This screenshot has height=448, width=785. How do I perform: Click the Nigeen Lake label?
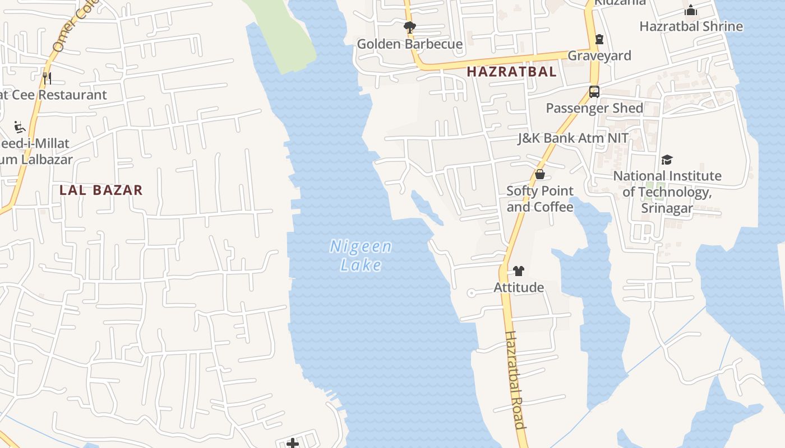point(361,255)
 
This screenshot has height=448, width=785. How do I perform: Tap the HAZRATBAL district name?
point(511,72)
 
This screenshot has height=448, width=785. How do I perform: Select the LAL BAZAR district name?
point(101,190)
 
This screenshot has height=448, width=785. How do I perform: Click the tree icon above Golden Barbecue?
point(410,27)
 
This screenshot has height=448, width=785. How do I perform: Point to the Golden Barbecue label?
point(410,44)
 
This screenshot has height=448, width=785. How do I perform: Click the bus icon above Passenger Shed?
point(594,92)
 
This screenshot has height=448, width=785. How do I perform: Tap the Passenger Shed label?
point(594,108)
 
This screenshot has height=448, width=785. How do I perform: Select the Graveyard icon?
point(599,39)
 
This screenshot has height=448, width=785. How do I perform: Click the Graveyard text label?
point(599,55)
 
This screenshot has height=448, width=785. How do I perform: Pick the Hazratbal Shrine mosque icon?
point(691,10)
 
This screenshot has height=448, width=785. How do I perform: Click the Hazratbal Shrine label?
point(691,26)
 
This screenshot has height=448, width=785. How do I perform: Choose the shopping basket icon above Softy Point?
point(540,174)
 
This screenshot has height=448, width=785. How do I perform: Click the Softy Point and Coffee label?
point(540,199)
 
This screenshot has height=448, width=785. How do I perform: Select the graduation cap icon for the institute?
point(667,160)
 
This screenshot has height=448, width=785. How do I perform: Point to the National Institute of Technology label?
point(667,192)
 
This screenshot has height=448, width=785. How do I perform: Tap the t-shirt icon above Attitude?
point(518,272)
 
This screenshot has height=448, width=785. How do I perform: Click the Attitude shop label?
point(518,287)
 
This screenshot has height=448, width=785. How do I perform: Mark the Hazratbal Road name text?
point(516,380)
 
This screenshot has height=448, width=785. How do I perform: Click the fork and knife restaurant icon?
point(47,78)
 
